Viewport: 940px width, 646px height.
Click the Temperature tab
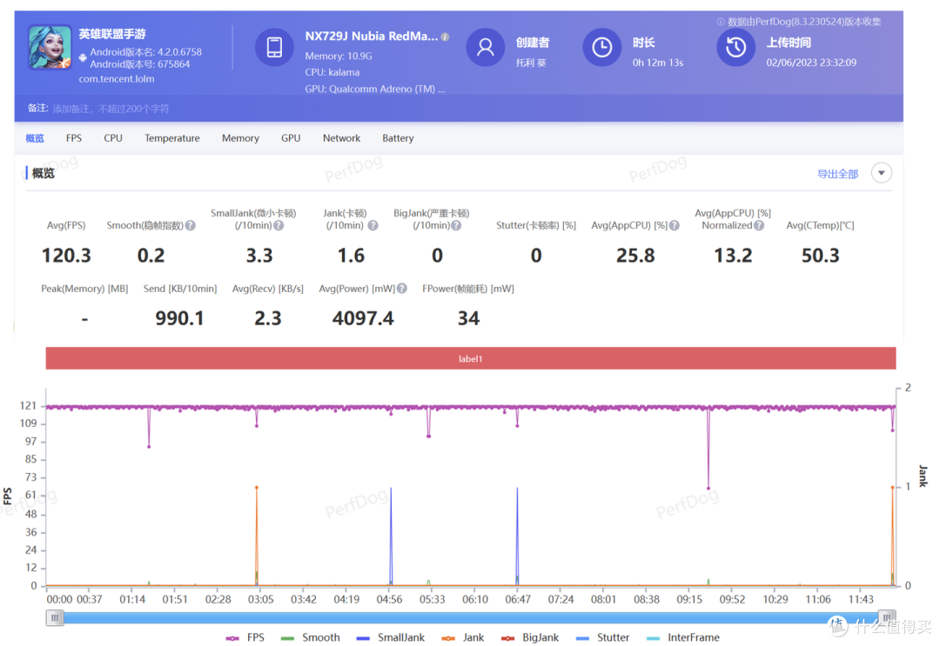point(172,138)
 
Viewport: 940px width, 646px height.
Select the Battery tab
point(398,138)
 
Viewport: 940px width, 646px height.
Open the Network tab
point(342,138)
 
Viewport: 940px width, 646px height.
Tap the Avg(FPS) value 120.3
point(66,256)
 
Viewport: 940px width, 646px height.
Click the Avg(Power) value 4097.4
point(363,318)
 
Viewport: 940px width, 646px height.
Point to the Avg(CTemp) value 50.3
point(821,256)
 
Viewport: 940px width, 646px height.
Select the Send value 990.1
point(180,318)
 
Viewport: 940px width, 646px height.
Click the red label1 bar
point(471,358)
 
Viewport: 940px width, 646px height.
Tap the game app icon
point(50,47)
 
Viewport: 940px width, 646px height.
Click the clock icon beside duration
point(602,47)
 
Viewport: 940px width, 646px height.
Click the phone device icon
point(274,47)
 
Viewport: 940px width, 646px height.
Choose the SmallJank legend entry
point(390,637)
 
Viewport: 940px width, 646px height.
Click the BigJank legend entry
point(530,637)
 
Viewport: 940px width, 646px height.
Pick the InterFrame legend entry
point(683,637)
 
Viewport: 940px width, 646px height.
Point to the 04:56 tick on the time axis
point(390,599)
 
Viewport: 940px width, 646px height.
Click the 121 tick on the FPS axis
point(28,406)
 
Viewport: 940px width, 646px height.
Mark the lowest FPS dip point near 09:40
point(708,488)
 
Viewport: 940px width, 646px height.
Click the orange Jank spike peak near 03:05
point(257,488)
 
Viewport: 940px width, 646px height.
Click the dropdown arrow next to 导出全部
point(881,173)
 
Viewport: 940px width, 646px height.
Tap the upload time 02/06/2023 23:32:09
point(811,63)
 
